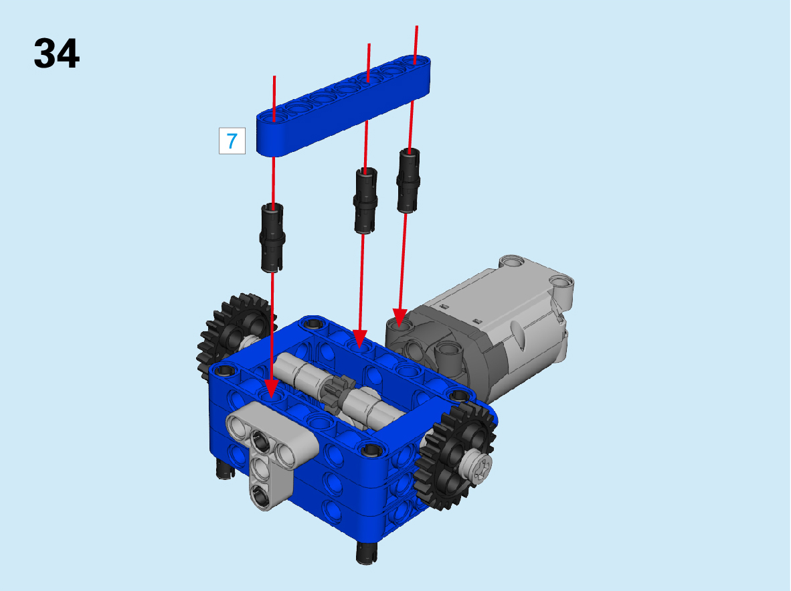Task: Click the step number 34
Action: point(56,54)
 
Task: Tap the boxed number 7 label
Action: point(232,141)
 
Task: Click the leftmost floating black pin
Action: point(272,238)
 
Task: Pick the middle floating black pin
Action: point(365,200)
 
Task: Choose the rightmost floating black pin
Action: point(408,180)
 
